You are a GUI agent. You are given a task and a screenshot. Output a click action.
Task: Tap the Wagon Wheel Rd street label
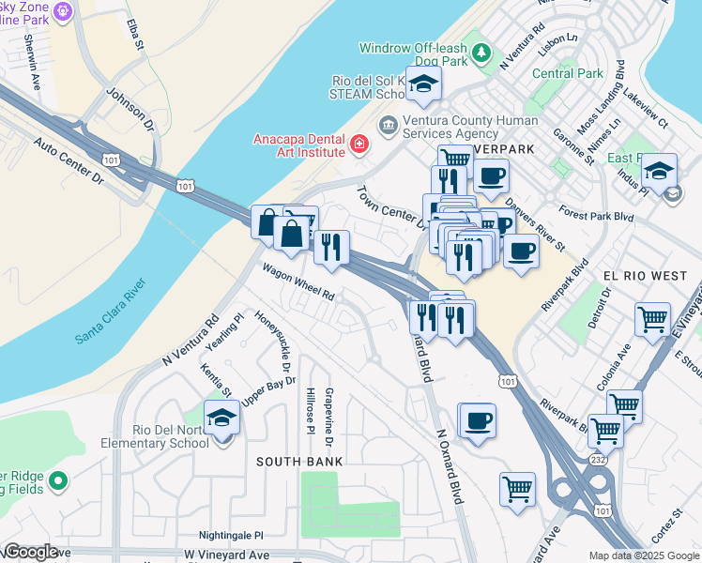(x=298, y=280)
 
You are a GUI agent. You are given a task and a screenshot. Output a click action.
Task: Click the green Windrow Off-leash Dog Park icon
(x=482, y=53)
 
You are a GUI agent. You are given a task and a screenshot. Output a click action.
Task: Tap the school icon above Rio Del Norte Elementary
(x=221, y=416)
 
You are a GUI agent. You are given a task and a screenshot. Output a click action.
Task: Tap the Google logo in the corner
(x=30, y=552)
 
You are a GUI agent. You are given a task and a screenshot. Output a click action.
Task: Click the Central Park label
(x=567, y=73)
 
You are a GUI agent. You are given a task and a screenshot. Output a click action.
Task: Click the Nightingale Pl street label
(x=231, y=535)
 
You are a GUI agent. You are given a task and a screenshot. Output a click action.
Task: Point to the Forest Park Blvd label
(x=621, y=213)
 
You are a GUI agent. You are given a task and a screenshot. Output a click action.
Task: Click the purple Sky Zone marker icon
(x=63, y=11)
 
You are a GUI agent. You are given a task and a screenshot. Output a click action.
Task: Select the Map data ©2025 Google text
(x=643, y=555)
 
